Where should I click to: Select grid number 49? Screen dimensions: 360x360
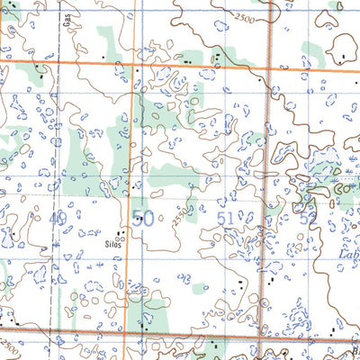58,219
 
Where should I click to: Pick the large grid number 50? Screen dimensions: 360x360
142,218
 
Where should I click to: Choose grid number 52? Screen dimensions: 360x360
309,219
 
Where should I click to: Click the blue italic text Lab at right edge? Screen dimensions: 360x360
348,255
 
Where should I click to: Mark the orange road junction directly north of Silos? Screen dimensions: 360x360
133,65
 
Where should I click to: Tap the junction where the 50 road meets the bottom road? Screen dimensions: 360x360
126,334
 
